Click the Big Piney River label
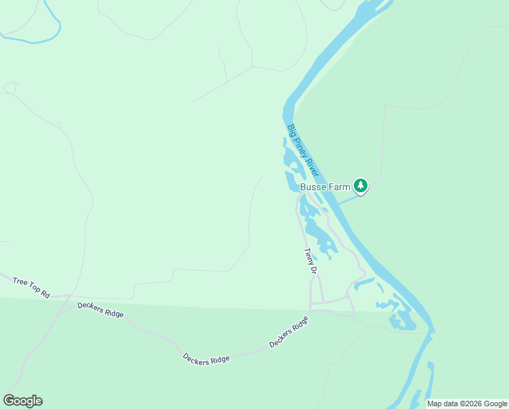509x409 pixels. [x=303, y=152]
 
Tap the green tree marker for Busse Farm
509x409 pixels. [x=361, y=185]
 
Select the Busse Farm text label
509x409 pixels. [x=325, y=186]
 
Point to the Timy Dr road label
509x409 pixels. [x=311, y=261]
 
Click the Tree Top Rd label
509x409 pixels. [x=31, y=288]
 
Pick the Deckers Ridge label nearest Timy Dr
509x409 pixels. [x=289, y=332]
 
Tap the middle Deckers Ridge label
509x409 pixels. [x=206, y=359]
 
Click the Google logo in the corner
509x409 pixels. [x=22, y=401]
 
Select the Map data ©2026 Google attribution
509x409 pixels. [x=467, y=404]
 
